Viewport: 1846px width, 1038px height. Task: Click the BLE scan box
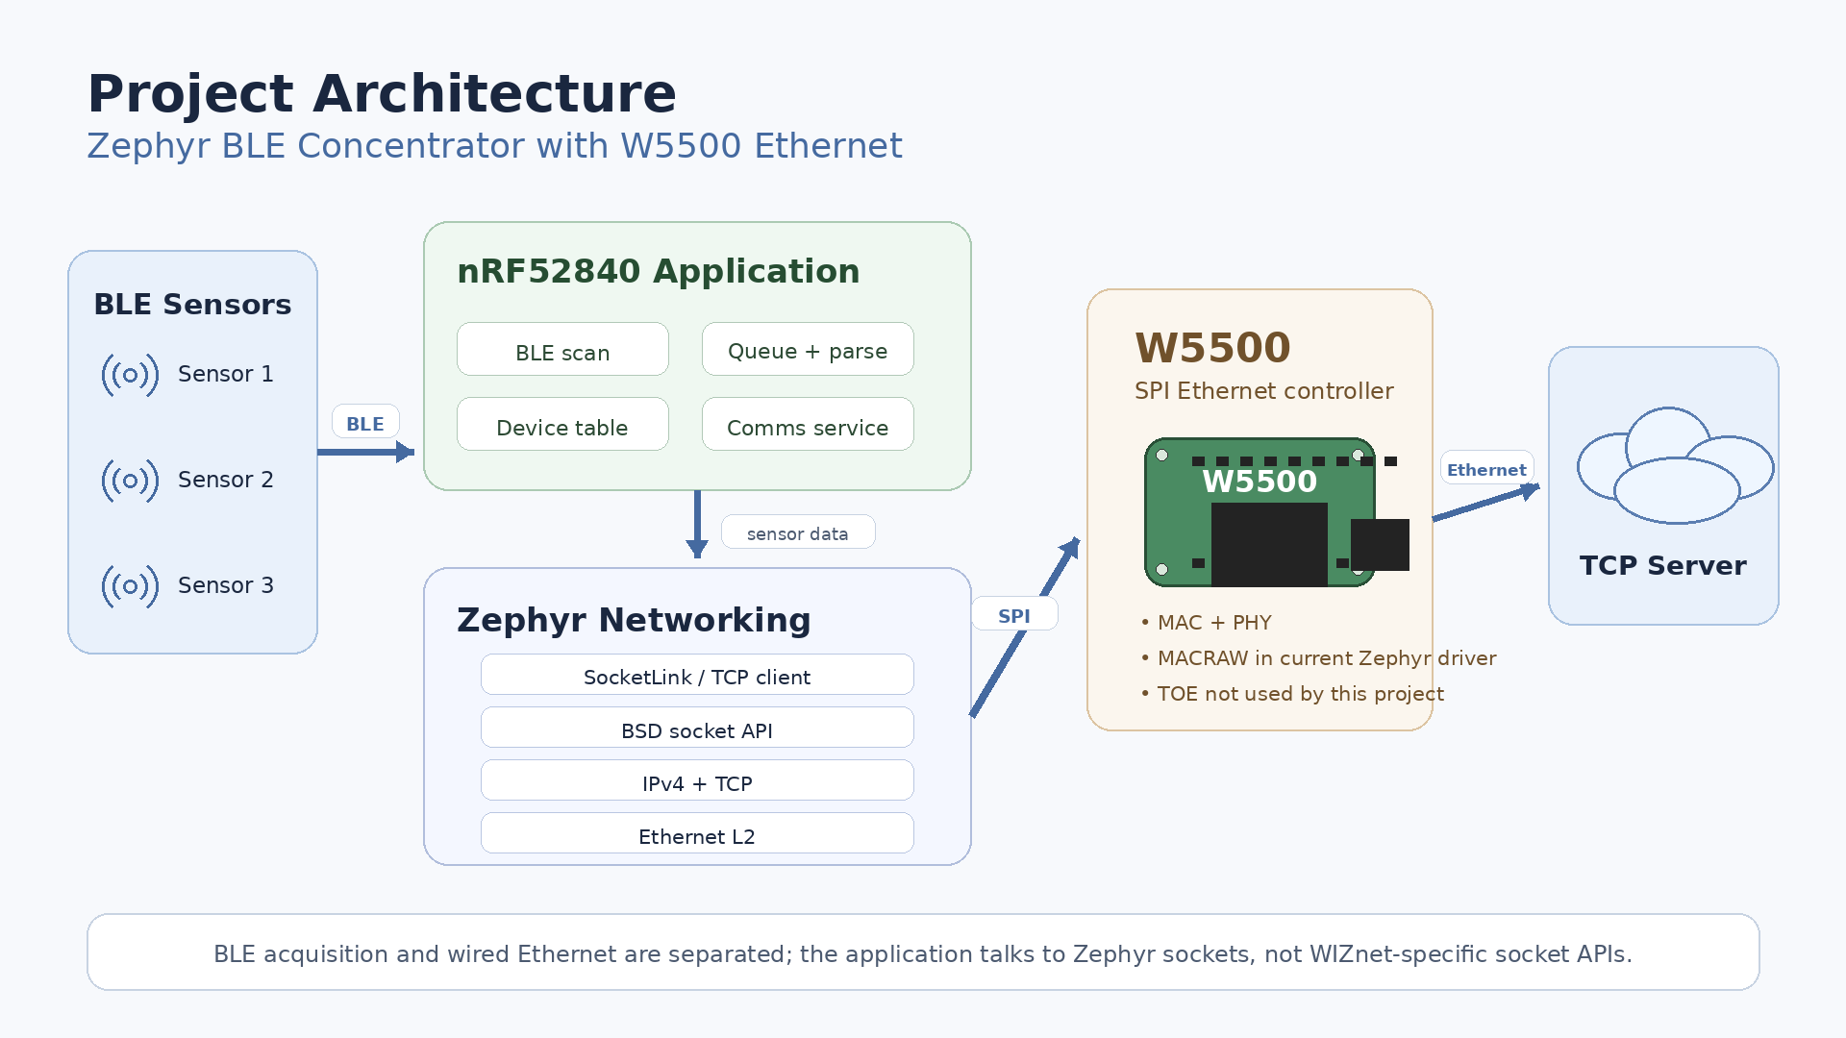(x=562, y=349)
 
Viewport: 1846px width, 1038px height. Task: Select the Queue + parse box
(x=808, y=349)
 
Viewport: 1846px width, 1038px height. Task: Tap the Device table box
(x=562, y=424)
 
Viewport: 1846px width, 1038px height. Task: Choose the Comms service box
(x=808, y=424)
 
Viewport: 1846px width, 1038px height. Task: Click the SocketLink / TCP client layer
(x=697, y=675)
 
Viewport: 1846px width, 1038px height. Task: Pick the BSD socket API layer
(x=697, y=728)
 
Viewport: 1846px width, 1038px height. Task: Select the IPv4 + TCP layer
(x=697, y=780)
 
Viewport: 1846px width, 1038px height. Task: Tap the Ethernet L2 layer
(x=697, y=833)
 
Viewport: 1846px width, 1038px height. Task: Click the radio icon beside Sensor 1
(x=130, y=375)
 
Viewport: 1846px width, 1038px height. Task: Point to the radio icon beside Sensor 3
(x=130, y=586)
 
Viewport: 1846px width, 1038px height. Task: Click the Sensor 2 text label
(x=226, y=480)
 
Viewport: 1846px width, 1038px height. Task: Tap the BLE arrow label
(x=365, y=422)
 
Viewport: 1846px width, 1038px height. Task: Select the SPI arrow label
(x=1014, y=614)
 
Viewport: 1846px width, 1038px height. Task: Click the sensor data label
(x=798, y=532)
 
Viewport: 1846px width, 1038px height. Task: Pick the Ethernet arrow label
(x=1486, y=468)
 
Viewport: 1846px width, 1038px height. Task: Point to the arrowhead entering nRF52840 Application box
(x=406, y=452)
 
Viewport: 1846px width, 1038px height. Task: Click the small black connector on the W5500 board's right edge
(x=1380, y=545)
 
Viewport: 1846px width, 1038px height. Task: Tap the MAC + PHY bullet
(x=1206, y=623)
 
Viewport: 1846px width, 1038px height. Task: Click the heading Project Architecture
(x=382, y=93)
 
